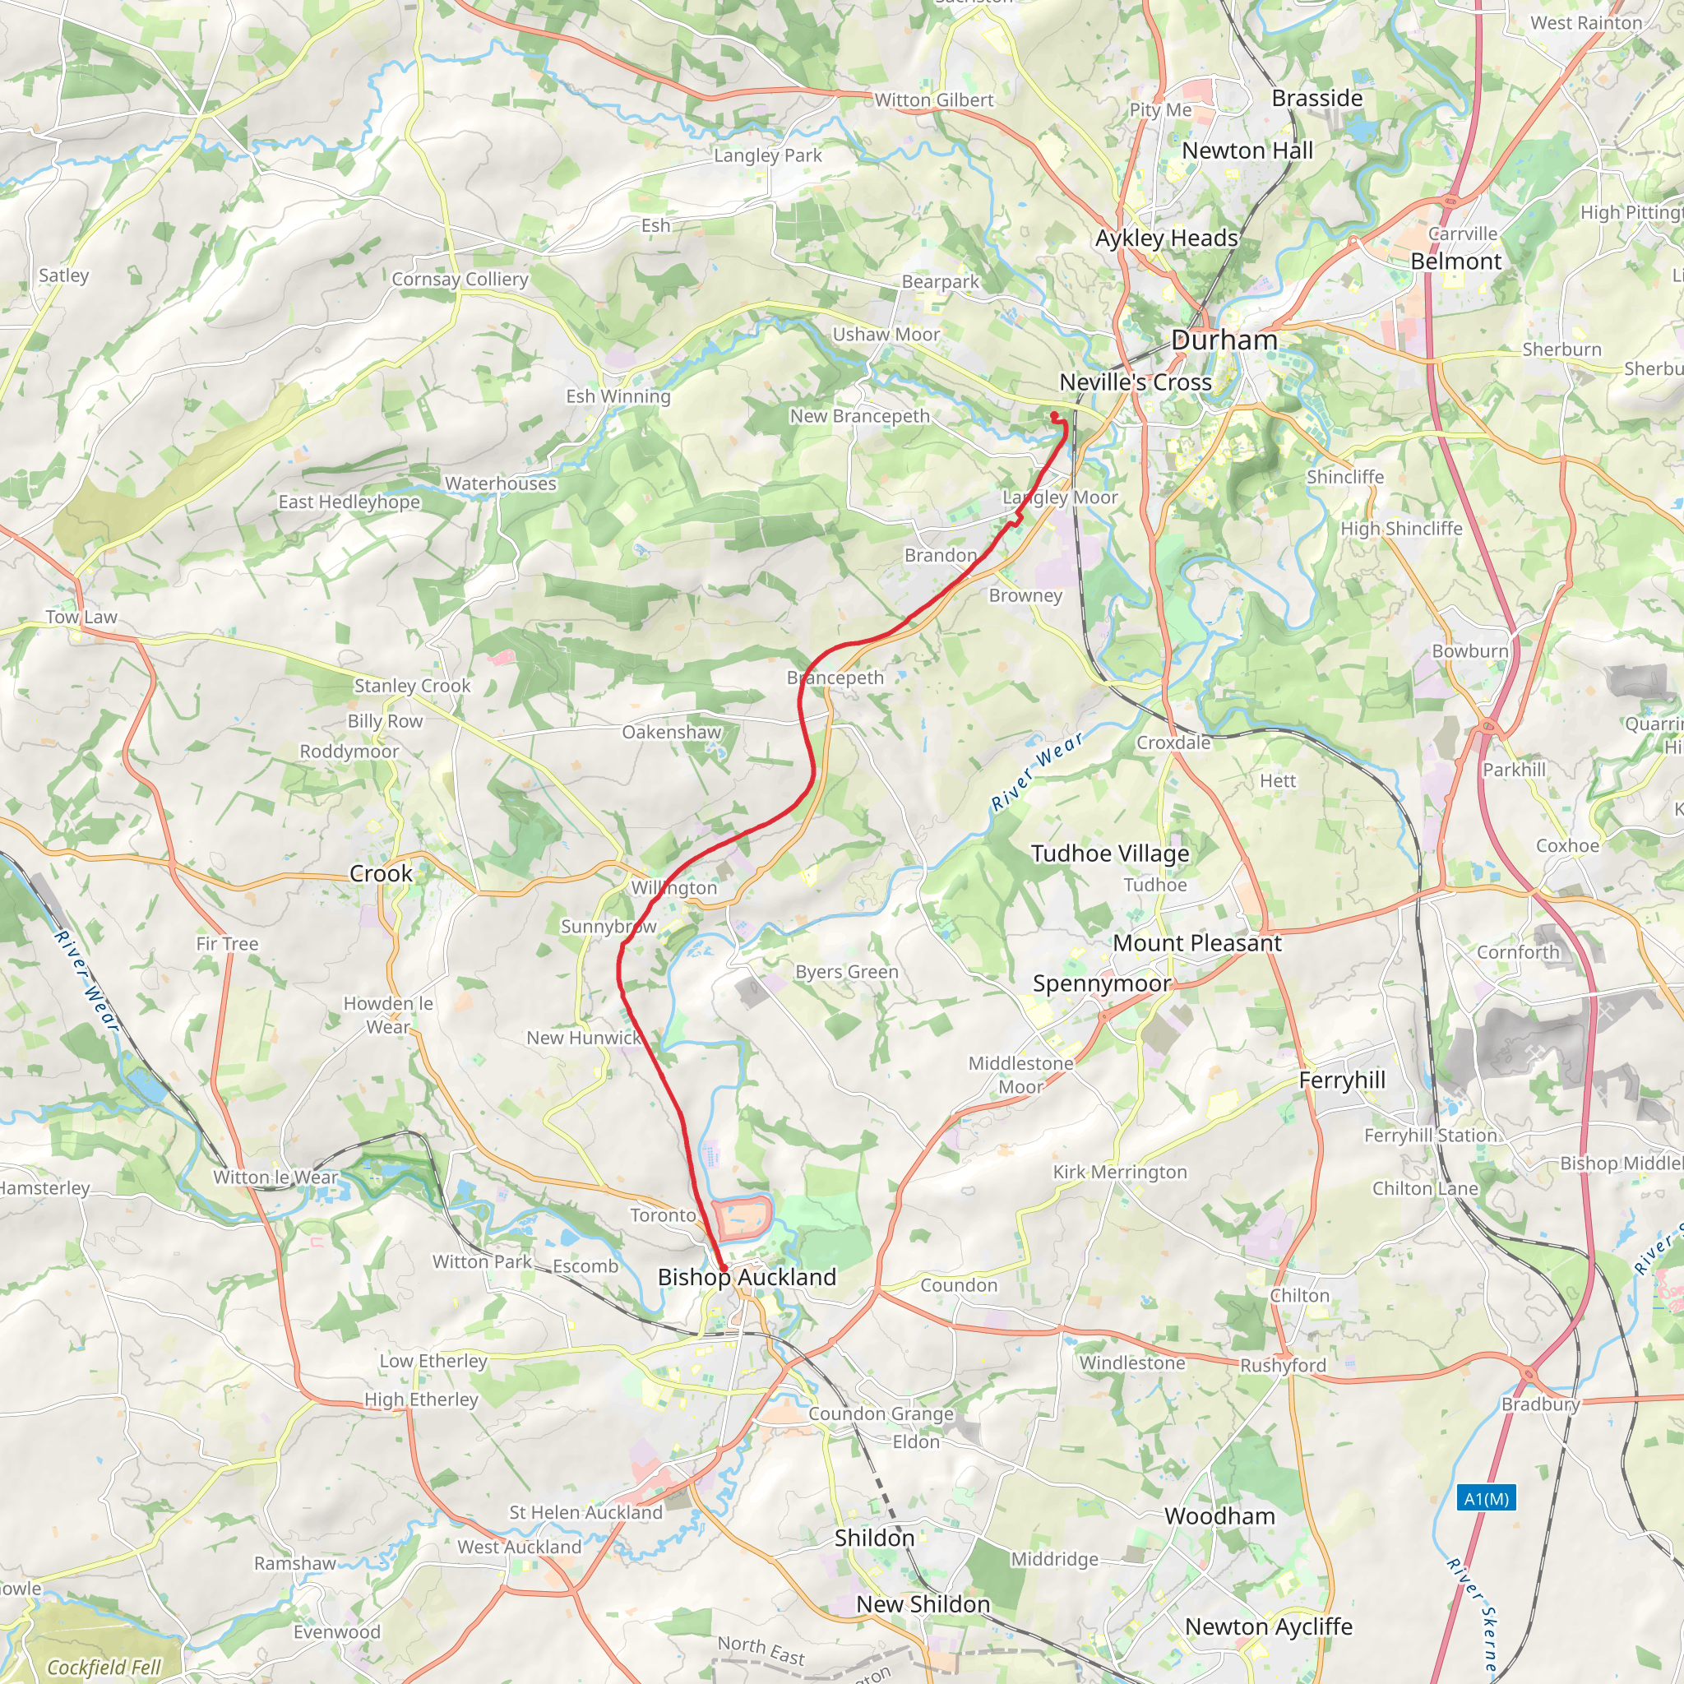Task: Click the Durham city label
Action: [x=1224, y=340]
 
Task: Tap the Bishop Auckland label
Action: [x=747, y=1277]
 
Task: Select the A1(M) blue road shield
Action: [x=1486, y=1498]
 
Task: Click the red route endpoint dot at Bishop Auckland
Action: [x=724, y=1268]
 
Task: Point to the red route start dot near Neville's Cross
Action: [x=1054, y=415]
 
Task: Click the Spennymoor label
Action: [x=1101, y=983]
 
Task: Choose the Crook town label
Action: [x=381, y=873]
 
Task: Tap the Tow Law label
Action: [x=81, y=618]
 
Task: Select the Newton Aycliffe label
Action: [x=1268, y=1626]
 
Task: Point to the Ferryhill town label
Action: [x=1341, y=1080]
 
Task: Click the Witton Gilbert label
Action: [x=933, y=100]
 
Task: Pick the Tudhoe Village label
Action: [x=1109, y=854]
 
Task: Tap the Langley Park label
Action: [x=767, y=155]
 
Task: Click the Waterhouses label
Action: [x=500, y=483]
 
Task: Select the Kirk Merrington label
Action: [x=1119, y=1172]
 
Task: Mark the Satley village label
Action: [x=63, y=275]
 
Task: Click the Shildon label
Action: [x=874, y=1538]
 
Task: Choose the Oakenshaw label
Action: [x=671, y=732]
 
